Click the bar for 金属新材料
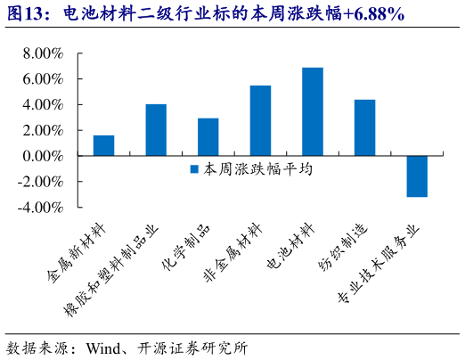pyautogui.click(x=103, y=145)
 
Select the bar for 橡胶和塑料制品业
pyautogui.click(x=156, y=130)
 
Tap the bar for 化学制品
pyautogui.click(x=208, y=137)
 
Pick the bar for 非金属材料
pyautogui.click(x=260, y=120)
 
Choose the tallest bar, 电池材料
pyautogui.click(x=313, y=111)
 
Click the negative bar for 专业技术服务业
pyautogui.click(x=417, y=176)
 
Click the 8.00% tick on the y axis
pyautogui.click(x=39, y=53)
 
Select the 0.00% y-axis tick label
pyautogui.click(x=39, y=156)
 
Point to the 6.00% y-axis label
pyautogui.click(x=39, y=79)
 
